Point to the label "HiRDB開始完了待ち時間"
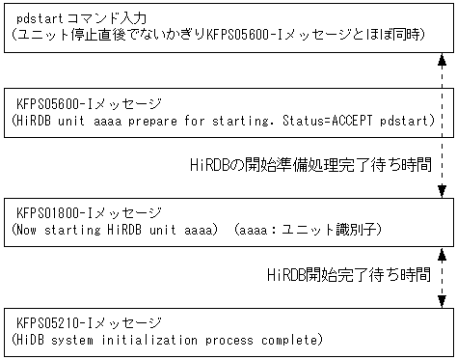(349, 275)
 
